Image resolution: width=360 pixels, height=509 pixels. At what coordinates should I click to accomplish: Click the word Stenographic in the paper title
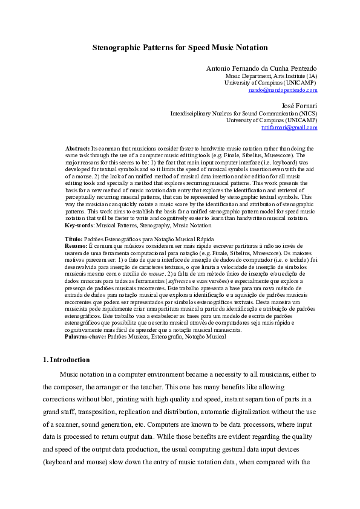117,47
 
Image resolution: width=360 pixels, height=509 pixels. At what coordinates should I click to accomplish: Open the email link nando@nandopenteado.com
283,90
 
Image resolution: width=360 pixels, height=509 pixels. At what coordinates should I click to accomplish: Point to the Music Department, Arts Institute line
271,77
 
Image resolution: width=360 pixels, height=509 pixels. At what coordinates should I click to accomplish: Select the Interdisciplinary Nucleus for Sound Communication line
243,113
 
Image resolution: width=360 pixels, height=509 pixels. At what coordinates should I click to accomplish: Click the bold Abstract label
77,148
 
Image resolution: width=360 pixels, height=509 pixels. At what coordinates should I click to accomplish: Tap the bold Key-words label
79,225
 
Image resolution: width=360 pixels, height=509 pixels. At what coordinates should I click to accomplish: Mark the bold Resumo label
76,247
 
